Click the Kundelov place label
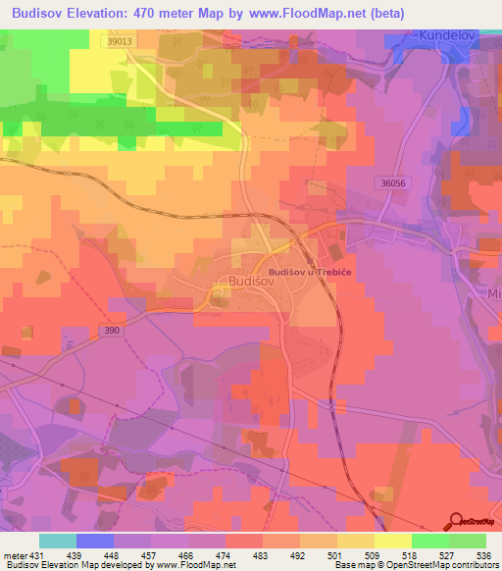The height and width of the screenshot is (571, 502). pos(445,33)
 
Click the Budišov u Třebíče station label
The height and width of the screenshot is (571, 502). pos(312,270)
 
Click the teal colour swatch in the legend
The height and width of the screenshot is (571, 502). pos(58,541)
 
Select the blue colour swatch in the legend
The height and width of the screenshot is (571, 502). pos(95,541)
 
